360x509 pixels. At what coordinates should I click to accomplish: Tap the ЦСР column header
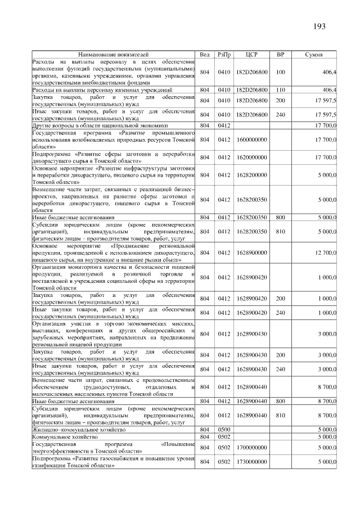(x=251, y=55)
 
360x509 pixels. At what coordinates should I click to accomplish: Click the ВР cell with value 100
(x=281, y=73)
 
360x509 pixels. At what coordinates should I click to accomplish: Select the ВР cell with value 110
(x=281, y=90)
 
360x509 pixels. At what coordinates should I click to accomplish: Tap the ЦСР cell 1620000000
(x=251, y=157)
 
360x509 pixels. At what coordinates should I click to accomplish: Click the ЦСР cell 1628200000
(x=251, y=175)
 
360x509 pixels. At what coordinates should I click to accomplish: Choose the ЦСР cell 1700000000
(x=251, y=447)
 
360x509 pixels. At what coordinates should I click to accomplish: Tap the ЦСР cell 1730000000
(x=251, y=462)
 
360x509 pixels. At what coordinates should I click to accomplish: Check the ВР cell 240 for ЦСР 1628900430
(x=281, y=368)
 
